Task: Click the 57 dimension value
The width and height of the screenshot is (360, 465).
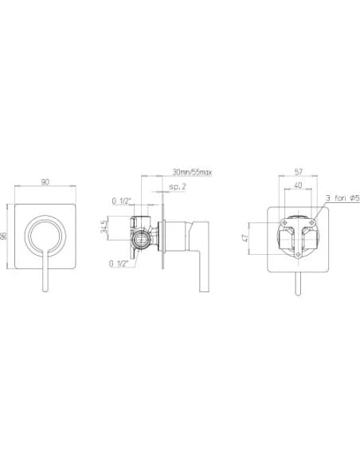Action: [298, 171]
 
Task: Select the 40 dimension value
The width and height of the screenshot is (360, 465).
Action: [298, 185]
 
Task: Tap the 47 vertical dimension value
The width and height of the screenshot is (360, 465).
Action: [245, 238]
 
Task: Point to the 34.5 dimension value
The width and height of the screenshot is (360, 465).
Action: [104, 227]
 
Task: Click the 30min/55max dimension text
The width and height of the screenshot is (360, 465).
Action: [192, 172]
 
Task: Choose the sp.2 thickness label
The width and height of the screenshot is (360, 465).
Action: [178, 186]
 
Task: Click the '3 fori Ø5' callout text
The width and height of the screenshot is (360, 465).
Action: [342, 197]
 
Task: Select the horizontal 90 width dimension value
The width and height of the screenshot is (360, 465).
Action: [45, 182]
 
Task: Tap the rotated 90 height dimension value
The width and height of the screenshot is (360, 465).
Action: [4, 236]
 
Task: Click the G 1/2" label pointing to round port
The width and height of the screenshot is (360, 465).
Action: [119, 263]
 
